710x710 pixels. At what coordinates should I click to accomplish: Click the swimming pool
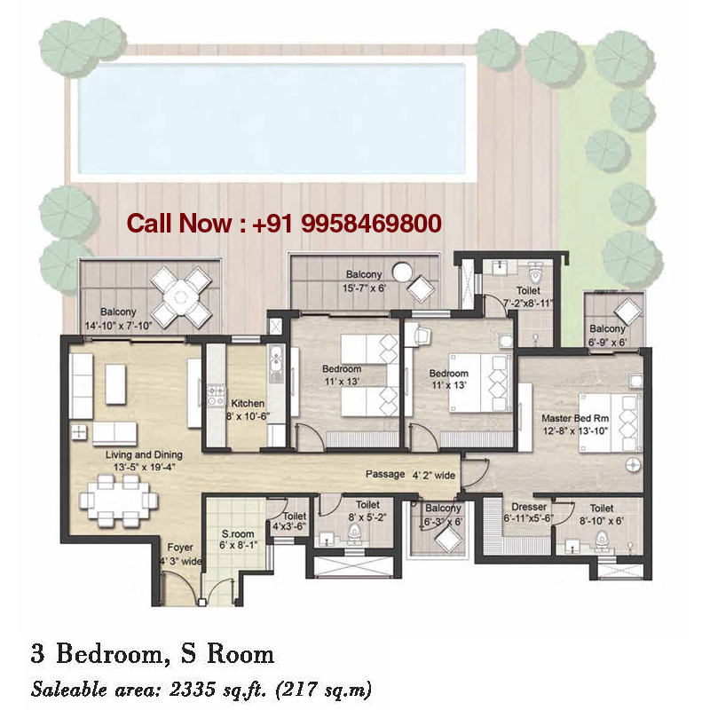pos(271,118)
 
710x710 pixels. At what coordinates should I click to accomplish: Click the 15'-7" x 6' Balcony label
pos(364,280)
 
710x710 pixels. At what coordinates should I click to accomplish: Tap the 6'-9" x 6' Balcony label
pos(608,335)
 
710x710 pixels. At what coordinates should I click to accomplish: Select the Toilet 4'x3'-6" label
pos(294,521)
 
